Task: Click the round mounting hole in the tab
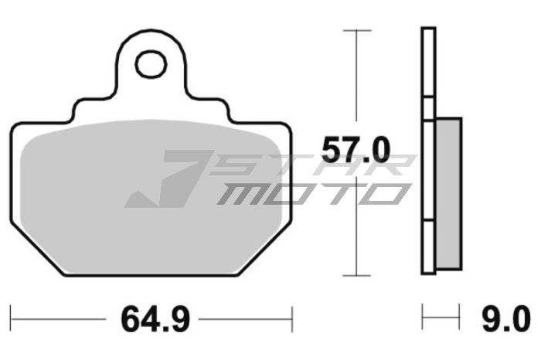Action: (151, 65)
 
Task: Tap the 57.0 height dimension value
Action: (356, 150)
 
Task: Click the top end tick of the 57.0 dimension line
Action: (356, 30)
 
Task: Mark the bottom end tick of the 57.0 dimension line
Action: (356, 274)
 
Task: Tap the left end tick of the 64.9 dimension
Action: (11, 317)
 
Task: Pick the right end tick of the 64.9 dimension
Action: (291, 317)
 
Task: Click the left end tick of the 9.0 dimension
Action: (423, 317)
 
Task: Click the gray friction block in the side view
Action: (448, 193)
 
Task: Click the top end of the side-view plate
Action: (428, 29)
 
